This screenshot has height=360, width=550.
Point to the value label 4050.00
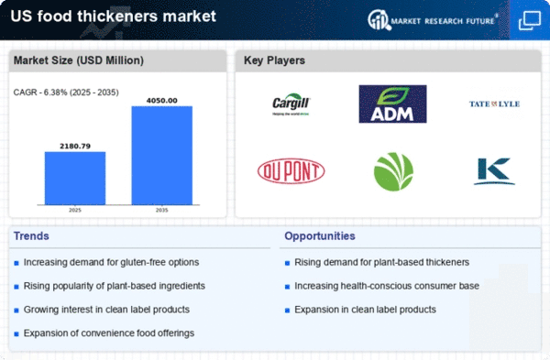point(161,100)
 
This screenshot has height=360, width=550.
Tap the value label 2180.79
point(75,145)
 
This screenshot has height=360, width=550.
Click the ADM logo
point(392,104)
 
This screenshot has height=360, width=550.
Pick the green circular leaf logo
point(392,170)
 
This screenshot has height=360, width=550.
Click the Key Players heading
point(275,61)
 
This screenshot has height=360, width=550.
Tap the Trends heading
point(33,236)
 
